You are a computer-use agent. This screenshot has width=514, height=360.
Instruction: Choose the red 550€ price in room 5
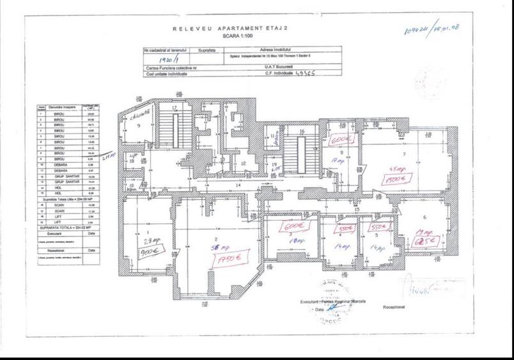378,227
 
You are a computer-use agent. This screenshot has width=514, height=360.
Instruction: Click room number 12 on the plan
244,164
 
